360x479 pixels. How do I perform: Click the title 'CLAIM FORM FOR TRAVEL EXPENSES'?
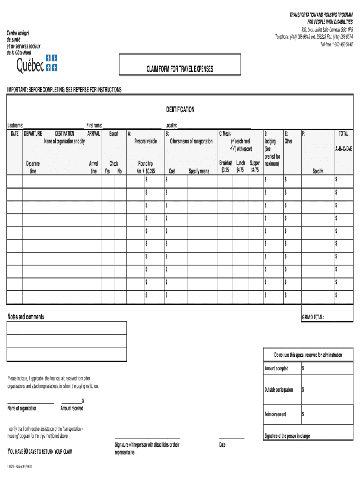(180, 69)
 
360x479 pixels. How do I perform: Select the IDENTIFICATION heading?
(180, 109)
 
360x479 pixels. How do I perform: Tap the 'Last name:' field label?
(15, 125)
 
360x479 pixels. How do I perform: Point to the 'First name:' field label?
(94, 125)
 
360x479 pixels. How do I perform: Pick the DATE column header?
(15, 134)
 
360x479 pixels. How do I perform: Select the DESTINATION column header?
(65, 134)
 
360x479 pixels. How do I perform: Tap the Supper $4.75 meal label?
(255, 167)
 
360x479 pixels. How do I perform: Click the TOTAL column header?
(344, 134)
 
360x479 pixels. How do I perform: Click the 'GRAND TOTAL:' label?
(313, 317)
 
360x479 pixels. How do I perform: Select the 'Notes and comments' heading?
(26, 317)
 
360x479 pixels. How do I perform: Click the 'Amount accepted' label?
(276, 369)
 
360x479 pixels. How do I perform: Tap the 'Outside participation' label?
(279, 390)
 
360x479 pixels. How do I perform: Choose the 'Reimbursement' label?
(275, 414)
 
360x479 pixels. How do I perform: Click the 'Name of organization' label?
(22, 408)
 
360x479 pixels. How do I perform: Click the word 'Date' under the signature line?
(222, 444)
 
